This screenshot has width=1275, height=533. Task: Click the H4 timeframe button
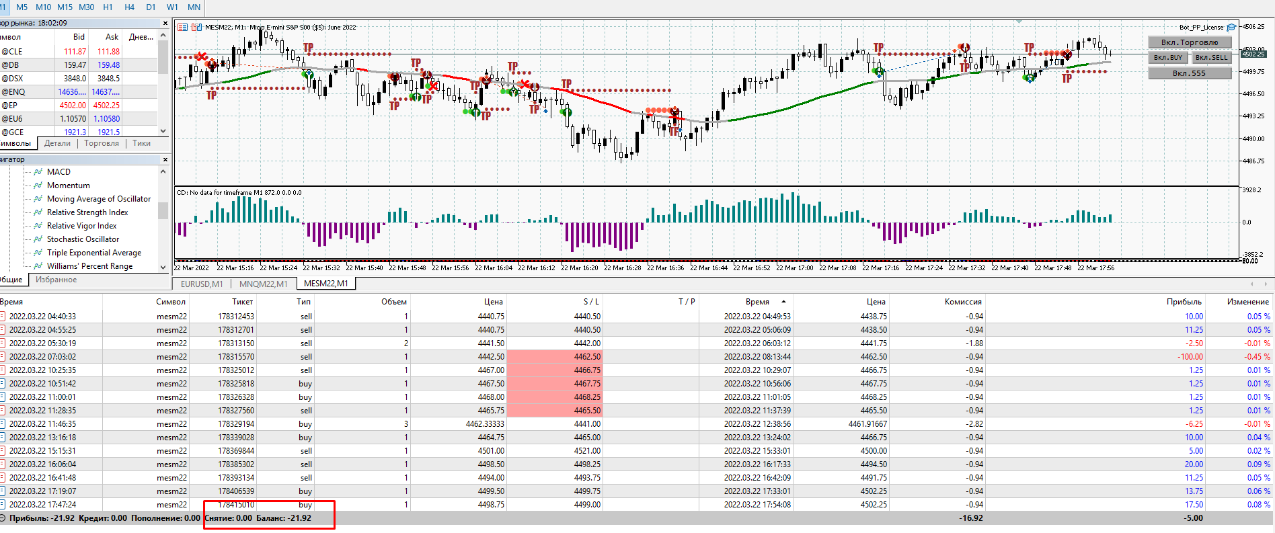point(130,7)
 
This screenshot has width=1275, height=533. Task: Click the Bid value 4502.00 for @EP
point(73,106)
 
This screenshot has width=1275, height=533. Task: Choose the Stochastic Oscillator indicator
point(83,239)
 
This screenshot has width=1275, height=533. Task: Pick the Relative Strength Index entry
point(87,212)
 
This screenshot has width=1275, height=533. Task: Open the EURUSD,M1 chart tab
point(202,284)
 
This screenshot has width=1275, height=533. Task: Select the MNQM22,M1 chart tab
point(264,284)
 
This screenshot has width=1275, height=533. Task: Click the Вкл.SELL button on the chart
point(1211,58)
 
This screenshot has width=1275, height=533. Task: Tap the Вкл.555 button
point(1189,73)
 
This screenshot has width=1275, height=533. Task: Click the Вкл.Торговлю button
point(1189,42)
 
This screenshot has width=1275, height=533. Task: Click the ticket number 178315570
point(236,357)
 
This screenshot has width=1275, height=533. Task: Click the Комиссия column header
point(962,302)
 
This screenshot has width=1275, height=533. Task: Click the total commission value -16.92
point(971,518)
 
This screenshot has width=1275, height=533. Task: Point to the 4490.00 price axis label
point(1253,139)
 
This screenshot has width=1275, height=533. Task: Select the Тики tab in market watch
point(141,143)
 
